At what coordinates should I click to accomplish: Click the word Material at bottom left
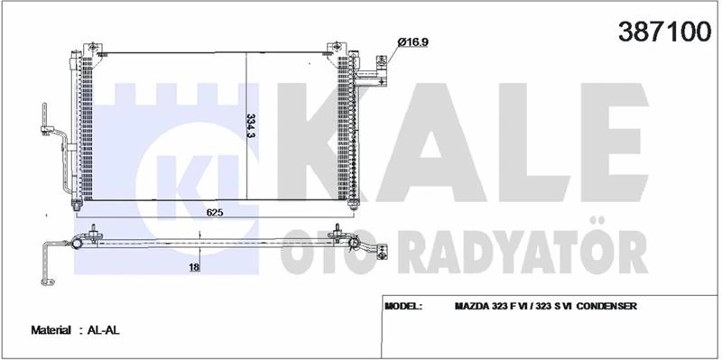(52, 331)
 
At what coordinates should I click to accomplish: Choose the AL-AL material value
(104, 331)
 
